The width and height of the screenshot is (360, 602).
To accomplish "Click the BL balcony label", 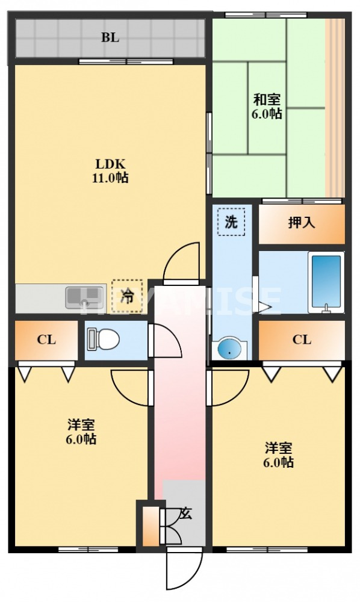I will pos(110,37).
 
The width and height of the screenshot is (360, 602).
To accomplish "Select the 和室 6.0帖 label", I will pos(267,107).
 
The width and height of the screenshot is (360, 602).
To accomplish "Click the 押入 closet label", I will pos(301,223).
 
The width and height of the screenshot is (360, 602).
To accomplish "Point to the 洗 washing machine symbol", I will pos(231,222).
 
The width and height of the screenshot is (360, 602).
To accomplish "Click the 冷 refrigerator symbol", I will pos(128,296).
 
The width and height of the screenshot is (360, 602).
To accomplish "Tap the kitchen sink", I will pos(85,297).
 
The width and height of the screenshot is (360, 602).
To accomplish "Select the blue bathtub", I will pos(326,282).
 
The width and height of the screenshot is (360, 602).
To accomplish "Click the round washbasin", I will pos(229,349).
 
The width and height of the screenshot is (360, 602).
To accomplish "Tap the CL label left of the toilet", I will pos(46,340).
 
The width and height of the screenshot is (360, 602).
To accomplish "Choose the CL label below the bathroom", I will pos(302,340).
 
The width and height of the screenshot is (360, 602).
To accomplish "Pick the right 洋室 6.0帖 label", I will pos(279,455).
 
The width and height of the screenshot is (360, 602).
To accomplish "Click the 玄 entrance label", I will pos(186,514).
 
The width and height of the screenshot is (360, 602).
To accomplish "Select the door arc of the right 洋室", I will pos(229,388).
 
